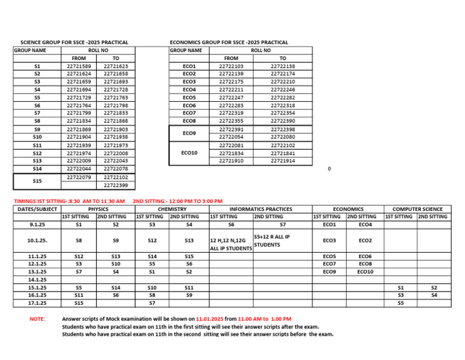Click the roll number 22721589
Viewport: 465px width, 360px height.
point(79,66)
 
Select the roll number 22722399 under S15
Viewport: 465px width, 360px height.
point(116,185)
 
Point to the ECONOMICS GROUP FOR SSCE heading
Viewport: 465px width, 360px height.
point(229,42)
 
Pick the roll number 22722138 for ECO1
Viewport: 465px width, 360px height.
point(283,66)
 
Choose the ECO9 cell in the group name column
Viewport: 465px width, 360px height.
point(189,133)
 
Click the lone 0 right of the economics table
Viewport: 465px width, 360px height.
point(329,169)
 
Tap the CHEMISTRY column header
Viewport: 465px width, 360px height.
point(170,208)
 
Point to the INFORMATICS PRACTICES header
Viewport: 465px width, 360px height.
point(259,208)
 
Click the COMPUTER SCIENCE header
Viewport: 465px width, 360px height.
point(417,208)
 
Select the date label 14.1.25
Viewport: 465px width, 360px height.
point(38,279)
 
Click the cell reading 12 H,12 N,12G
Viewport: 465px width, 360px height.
point(228,241)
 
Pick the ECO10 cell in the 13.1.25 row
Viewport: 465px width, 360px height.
point(365,272)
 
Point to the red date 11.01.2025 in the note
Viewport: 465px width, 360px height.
point(213,318)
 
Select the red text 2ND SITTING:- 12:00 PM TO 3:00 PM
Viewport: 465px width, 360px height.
point(177,201)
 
